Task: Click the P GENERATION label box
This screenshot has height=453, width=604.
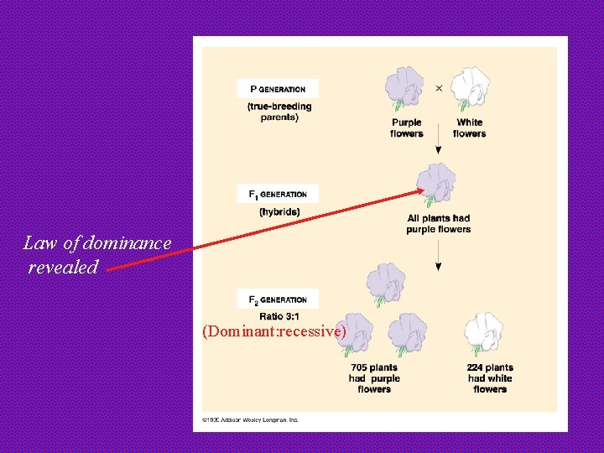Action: [278, 88]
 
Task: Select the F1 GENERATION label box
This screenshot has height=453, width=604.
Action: [278, 194]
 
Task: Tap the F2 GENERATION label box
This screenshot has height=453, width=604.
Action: [278, 299]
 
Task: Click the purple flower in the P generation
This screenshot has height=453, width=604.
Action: [405, 89]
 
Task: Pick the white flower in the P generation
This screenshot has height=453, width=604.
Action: [470, 89]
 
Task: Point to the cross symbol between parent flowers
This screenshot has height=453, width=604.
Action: [439, 87]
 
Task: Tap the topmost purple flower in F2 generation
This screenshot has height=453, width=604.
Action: [385, 283]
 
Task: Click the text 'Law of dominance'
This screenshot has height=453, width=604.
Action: [97, 243]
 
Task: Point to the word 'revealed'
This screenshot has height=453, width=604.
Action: [63, 268]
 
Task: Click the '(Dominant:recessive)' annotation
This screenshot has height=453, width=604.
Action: [274, 331]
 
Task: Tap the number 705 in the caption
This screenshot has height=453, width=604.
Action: [359, 367]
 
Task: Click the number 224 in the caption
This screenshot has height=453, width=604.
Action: [476, 367]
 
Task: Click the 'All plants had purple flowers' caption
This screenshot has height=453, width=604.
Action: [438, 224]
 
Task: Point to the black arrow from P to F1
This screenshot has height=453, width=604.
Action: [438, 148]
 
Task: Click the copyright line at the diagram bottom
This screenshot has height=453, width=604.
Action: [250, 419]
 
